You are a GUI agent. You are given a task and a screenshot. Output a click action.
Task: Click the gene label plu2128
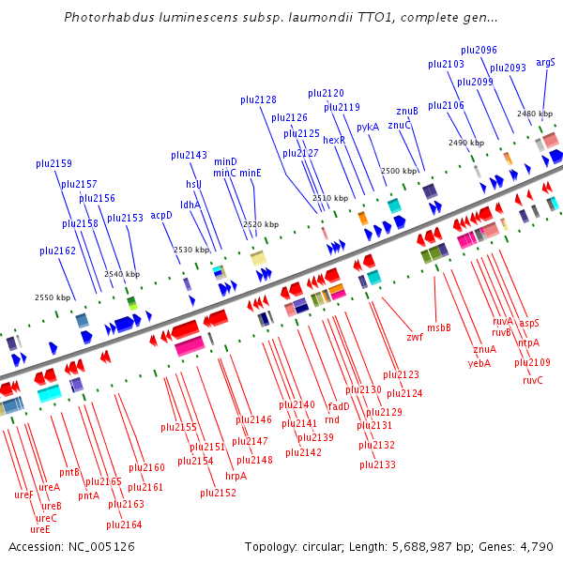pos(258,99)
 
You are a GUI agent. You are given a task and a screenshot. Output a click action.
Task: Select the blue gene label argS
pos(545,63)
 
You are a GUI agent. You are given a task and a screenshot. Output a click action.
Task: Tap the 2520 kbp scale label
pos(260,225)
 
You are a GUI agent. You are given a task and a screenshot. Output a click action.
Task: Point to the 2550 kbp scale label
pos(53,297)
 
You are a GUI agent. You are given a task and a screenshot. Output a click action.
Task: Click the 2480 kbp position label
pos(534,114)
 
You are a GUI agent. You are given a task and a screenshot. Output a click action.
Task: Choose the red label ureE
pos(40,529)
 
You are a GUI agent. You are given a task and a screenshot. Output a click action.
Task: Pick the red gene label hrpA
pos(236,476)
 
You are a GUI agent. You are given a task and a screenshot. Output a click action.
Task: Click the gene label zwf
pos(414,337)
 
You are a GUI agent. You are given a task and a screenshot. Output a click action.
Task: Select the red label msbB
pos(439,327)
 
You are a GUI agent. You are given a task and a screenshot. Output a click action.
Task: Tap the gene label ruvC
pos(533,380)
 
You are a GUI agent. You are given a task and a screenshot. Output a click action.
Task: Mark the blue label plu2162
pos(57,251)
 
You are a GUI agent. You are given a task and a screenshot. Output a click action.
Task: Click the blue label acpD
pos(161,215)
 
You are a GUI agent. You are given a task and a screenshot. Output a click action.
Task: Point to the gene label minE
pos(250,173)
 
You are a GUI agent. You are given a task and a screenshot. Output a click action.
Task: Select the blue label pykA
pos(368,126)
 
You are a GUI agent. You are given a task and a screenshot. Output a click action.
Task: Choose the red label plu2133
pos(377,464)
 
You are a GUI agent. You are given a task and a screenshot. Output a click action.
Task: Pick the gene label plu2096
pos(479,50)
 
